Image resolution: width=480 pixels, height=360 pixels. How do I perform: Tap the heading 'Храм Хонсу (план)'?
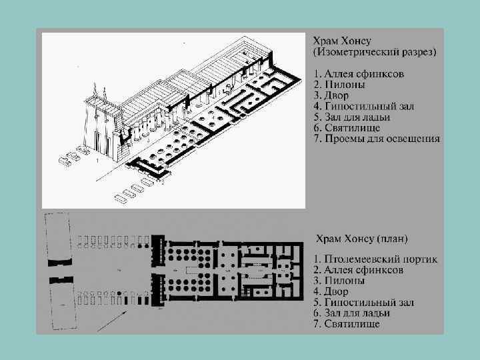[x=362, y=239]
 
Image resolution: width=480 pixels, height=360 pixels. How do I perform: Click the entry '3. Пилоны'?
[x=338, y=281]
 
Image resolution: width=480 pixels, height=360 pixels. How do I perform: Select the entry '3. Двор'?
[x=331, y=95]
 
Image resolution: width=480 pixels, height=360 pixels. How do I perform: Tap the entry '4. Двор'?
[x=331, y=291]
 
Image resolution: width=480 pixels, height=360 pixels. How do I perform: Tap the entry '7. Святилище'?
[x=347, y=324]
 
